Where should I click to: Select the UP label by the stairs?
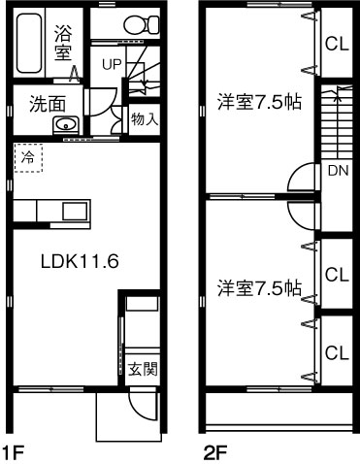tap(112, 65)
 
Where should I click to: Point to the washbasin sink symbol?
tap(66, 124)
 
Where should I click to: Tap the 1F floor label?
tap(12, 450)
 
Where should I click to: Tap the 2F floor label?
tap(214, 450)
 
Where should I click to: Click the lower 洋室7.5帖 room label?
tap(258, 287)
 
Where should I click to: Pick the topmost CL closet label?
tap(337, 43)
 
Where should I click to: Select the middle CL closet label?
tap(337, 275)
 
